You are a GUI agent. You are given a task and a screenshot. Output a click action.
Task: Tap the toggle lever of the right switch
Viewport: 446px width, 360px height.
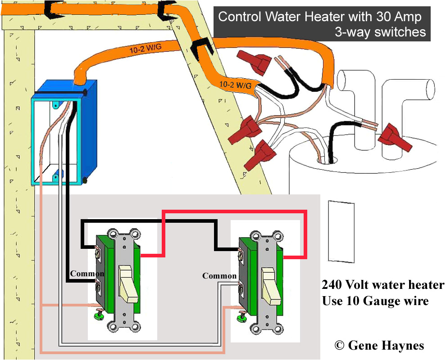click(x=269, y=286)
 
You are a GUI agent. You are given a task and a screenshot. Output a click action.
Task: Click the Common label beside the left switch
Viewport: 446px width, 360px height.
click(x=87, y=274)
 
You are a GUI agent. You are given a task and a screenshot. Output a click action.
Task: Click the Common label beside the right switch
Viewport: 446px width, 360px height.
click(x=219, y=276)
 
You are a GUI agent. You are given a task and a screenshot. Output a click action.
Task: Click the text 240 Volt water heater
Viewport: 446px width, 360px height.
click(x=383, y=285)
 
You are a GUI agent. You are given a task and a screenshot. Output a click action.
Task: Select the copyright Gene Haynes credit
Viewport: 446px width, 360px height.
click(x=379, y=345)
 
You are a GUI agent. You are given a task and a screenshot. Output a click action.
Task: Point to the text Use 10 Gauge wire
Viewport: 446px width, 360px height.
click(x=375, y=301)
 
